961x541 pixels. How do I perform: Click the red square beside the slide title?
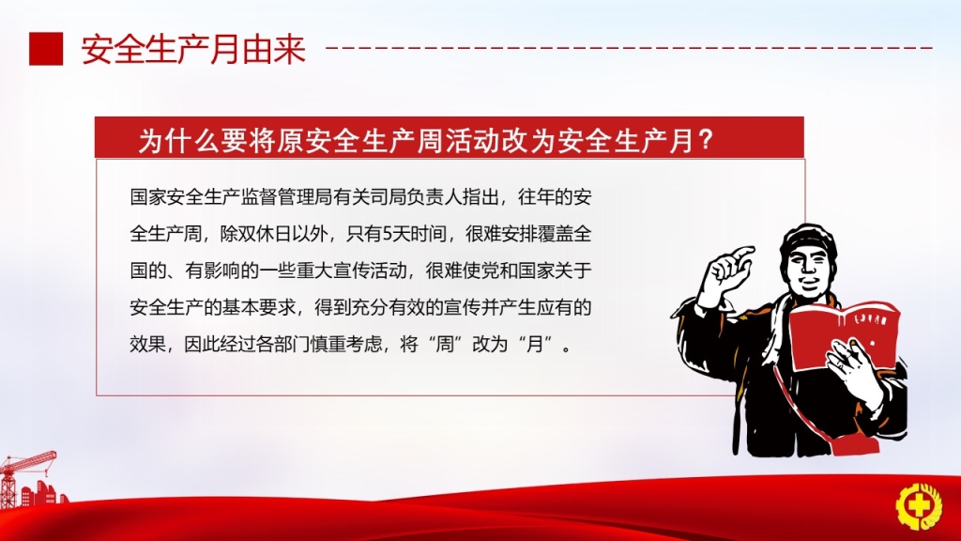point(46,49)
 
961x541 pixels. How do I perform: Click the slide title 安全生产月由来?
point(193,50)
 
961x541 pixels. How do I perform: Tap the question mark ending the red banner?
point(706,141)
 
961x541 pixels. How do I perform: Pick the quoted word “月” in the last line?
point(535,344)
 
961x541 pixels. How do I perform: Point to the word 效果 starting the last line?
point(147,344)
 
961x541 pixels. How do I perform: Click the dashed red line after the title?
point(629,48)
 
